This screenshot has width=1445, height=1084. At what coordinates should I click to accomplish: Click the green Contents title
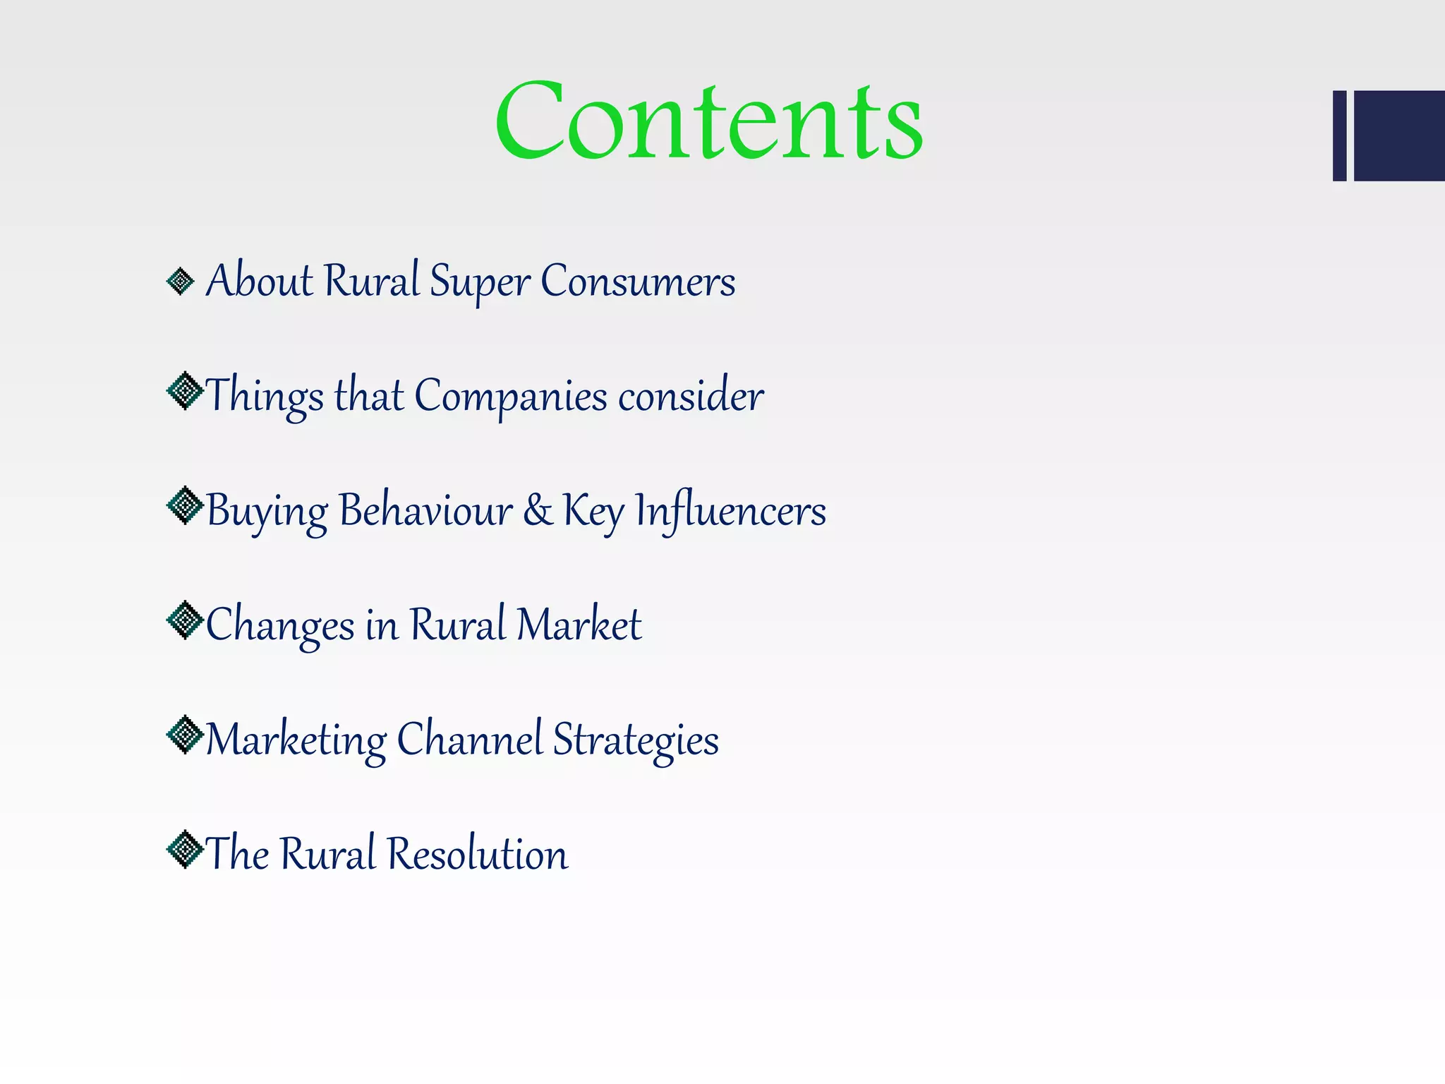(708, 121)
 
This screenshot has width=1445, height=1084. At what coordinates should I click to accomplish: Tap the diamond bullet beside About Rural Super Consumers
(181, 282)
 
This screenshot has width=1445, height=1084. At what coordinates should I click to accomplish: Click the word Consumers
(638, 282)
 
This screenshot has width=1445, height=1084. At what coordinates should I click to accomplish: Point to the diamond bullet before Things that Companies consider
(185, 390)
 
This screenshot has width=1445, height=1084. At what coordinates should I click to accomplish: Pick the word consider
(691, 396)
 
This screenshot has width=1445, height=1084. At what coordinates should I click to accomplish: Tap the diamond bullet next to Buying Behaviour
(185, 505)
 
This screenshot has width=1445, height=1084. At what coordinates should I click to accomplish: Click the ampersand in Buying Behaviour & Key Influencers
(538, 510)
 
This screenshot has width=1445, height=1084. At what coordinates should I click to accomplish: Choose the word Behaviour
(425, 510)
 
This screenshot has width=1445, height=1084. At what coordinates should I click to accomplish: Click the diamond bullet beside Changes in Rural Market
(185, 620)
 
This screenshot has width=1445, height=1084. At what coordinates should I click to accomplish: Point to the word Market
(579, 625)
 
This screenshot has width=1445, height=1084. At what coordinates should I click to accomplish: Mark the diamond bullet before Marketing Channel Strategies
(185, 735)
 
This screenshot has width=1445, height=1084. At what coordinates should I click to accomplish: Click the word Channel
(470, 740)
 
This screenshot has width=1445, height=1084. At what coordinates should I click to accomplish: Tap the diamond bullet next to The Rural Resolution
(185, 849)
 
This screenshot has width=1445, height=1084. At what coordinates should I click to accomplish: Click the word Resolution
(478, 854)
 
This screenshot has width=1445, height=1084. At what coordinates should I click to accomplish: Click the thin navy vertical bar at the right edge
(1339, 135)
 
